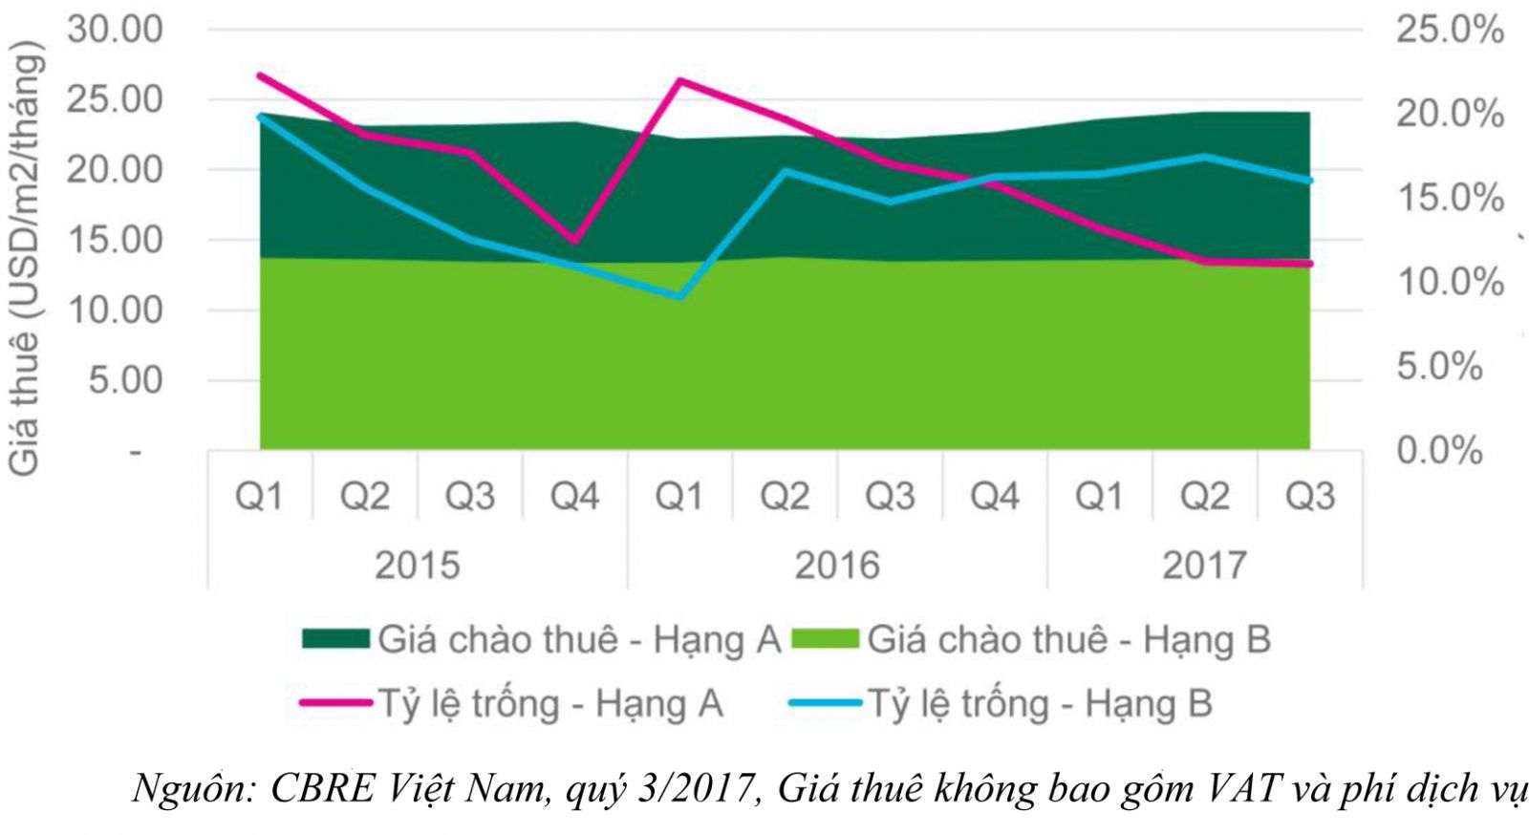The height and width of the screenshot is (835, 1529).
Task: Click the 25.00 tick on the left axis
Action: click(x=114, y=99)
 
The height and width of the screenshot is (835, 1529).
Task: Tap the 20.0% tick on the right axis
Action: click(x=1449, y=114)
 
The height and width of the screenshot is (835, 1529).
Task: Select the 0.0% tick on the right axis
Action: click(x=1439, y=450)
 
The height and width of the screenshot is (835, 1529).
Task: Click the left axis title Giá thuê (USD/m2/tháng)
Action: click(x=26, y=258)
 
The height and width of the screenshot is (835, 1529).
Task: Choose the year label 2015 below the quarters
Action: click(x=417, y=566)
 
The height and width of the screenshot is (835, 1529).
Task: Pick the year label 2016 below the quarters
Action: click(x=837, y=566)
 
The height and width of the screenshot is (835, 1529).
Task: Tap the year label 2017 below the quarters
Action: click(x=1204, y=566)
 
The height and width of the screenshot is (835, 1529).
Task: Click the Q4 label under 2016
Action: click(x=995, y=497)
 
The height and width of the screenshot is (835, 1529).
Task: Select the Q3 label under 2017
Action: click(x=1309, y=497)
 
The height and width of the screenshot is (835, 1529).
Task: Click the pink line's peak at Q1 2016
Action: click(x=679, y=80)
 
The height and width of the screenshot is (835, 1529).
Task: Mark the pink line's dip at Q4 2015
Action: click(x=574, y=241)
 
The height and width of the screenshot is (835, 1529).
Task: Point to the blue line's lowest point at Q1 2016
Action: click(x=679, y=296)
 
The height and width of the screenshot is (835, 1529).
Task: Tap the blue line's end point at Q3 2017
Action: click(x=1309, y=181)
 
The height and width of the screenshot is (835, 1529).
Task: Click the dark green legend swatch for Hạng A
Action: click(x=335, y=639)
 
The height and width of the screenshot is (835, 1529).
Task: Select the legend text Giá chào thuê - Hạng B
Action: click(x=1068, y=639)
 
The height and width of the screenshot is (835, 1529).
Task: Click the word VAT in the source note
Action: click(x=1241, y=789)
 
